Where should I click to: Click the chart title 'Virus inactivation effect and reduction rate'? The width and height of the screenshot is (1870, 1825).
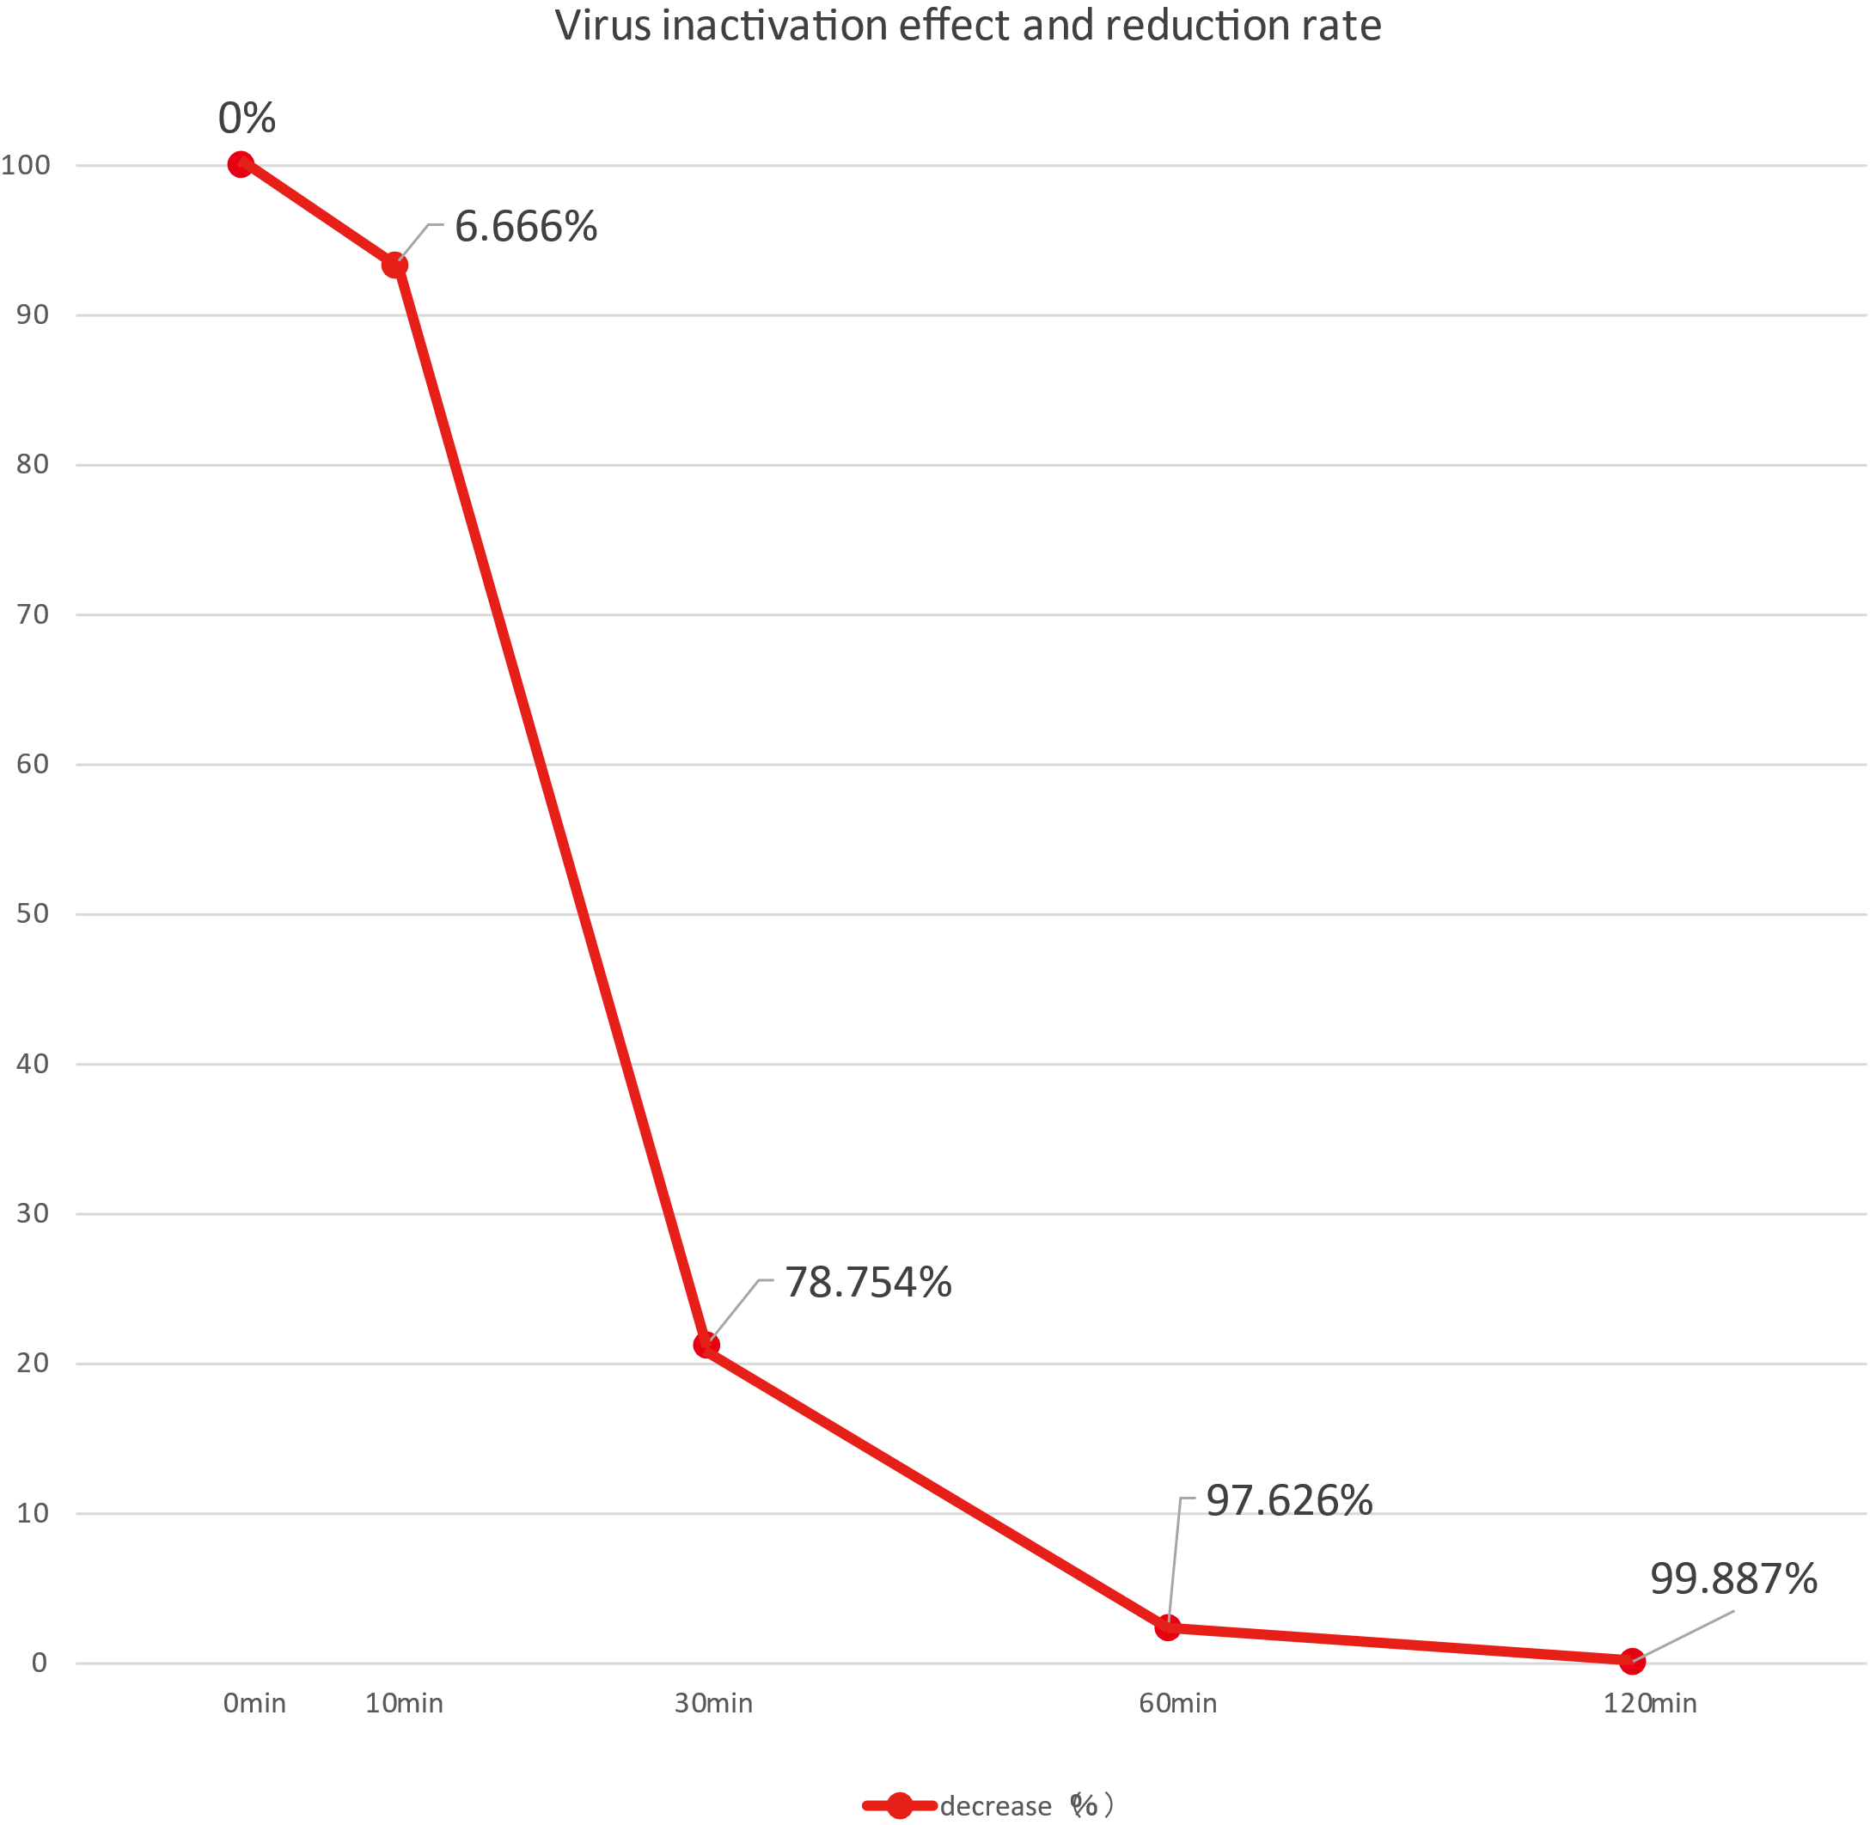(x=968, y=26)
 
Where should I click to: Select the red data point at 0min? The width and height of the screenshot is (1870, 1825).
(x=241, y=165)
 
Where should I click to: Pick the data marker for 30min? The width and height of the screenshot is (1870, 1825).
(x=706, y=1346)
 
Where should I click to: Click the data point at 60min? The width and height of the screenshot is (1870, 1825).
(x=1167, y=1627)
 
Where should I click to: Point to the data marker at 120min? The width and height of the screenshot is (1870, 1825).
(x=1632, y=1661)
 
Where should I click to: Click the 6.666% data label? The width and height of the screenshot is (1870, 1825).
(x=525, y=227)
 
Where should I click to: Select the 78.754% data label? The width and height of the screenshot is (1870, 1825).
(x=867, y=1283)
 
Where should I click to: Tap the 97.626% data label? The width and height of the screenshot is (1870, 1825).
(x=1288, y=1500)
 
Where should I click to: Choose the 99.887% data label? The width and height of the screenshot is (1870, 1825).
(x=1733, y=1578)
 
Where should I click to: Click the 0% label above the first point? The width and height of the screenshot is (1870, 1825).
(x=247, y=119)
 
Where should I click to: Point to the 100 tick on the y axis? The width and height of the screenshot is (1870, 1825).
(x=26, y=165)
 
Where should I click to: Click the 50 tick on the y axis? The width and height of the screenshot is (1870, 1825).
(x=33, y=913)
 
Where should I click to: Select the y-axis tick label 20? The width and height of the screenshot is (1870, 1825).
(x=33, y=1363)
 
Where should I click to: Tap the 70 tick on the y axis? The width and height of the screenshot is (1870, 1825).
(x=33, y=614)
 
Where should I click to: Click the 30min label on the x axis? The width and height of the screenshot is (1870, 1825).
(x=713, y=1703)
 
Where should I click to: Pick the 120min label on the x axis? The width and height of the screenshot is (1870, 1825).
(x=1649, y=1703)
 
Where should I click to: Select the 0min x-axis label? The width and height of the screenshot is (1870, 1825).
(x=254, y=1703)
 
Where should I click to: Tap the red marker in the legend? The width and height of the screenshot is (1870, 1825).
(x=899, y=1806)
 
